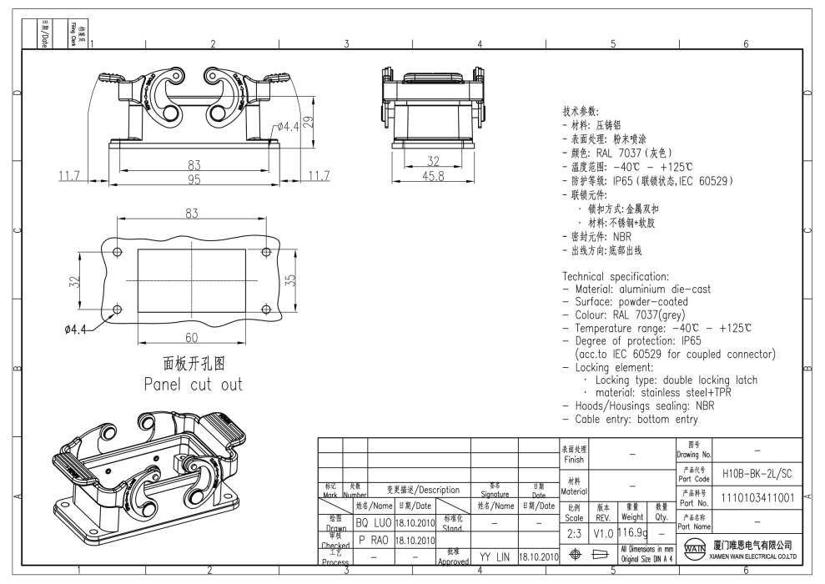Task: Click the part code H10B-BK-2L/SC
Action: pos(757,472)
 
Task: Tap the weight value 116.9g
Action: pos(631,532)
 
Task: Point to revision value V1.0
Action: pos(602,532)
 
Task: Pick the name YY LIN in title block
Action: pos(494,555)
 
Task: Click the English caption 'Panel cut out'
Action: pos(192,385)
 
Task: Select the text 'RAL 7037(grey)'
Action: pos(661,315)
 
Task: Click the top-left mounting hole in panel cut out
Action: pos(117,252)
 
